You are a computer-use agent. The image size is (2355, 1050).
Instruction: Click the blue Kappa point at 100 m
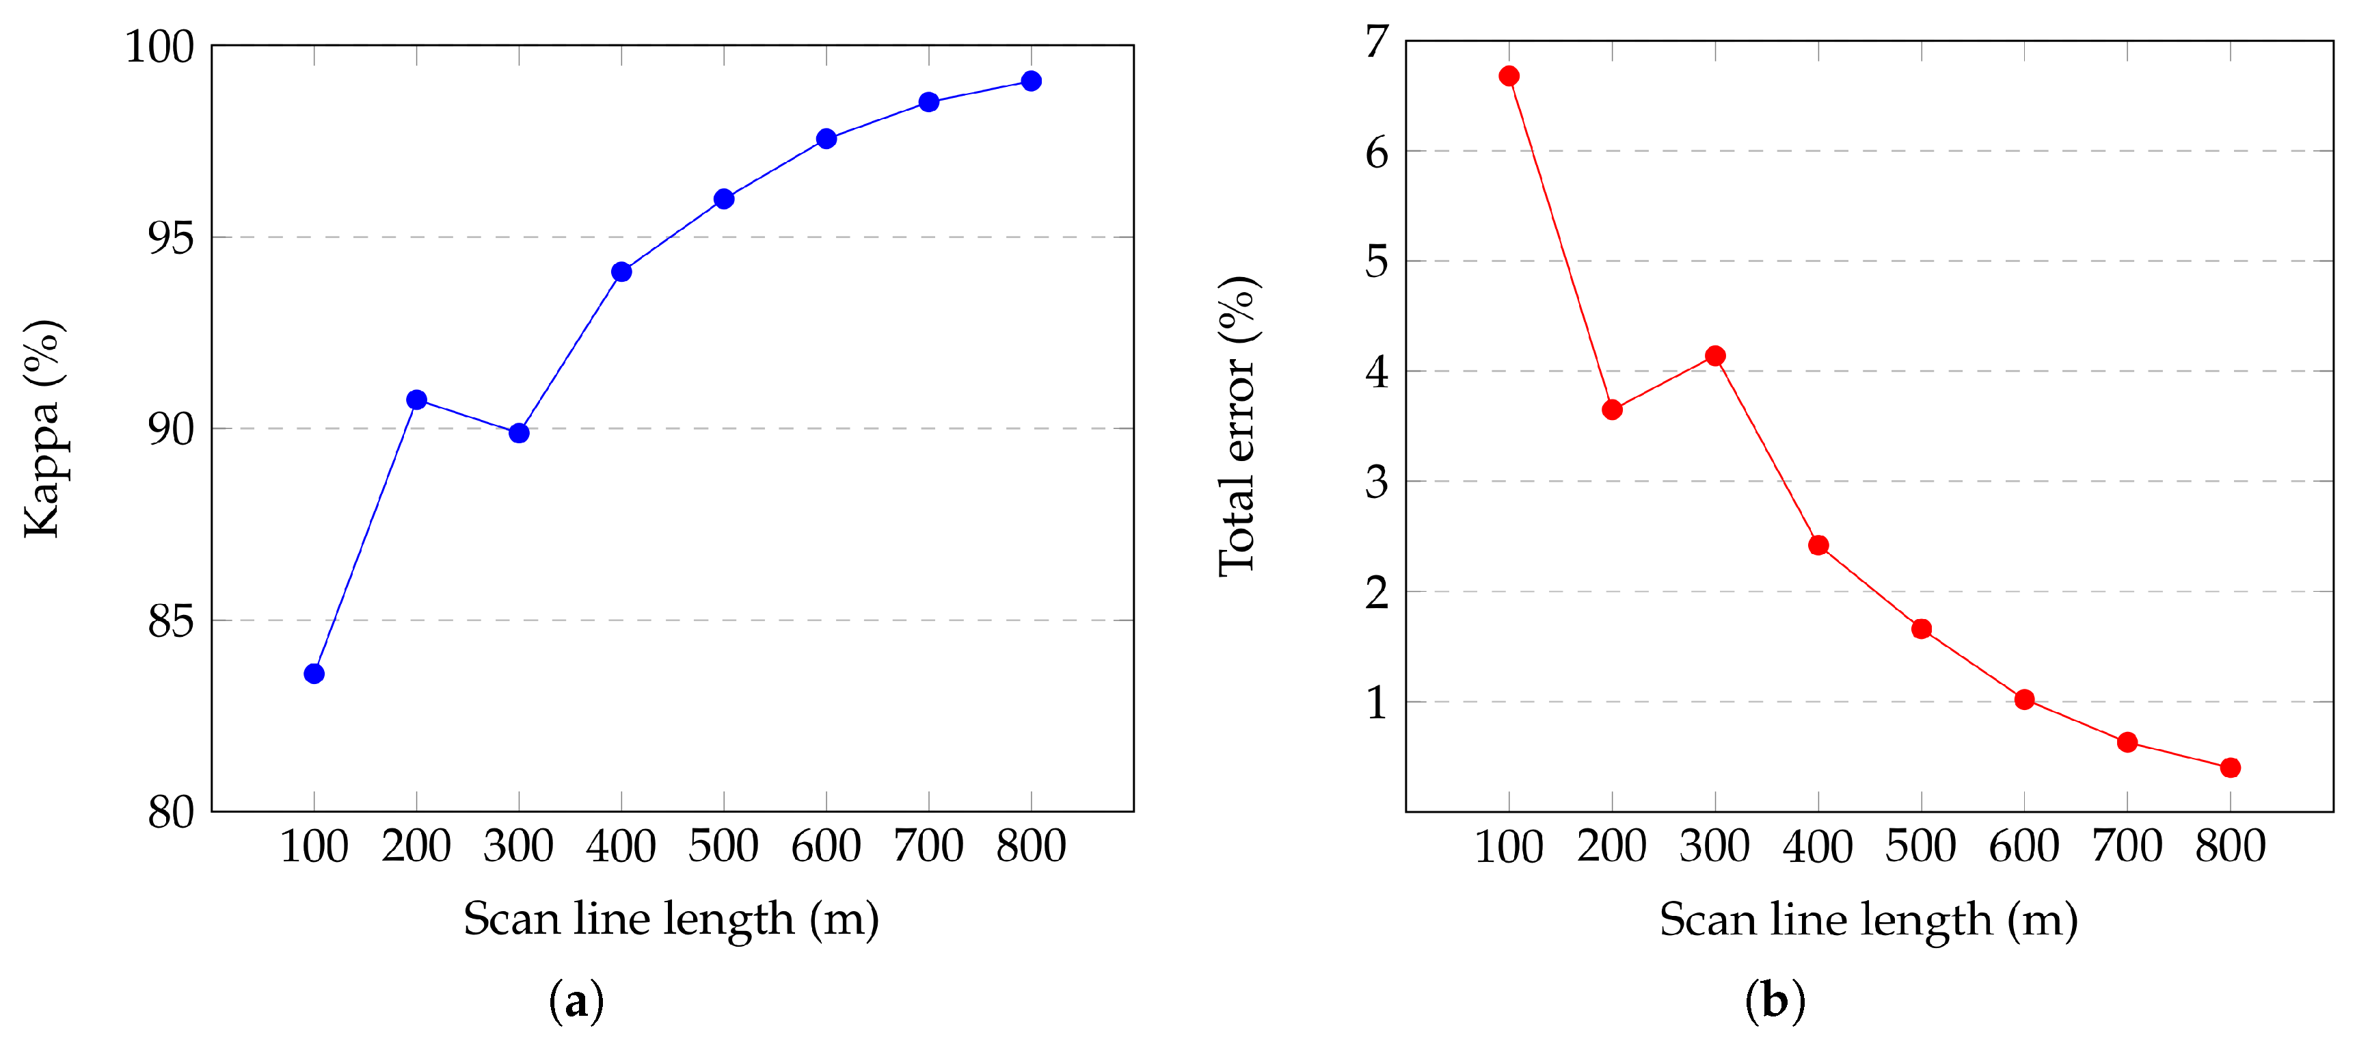(x=314, y=673)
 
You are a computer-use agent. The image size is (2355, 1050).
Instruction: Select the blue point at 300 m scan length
(x=518, y=432)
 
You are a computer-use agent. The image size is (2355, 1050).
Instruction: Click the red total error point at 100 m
(x=1509, y=76)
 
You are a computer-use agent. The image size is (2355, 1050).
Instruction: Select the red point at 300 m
(x=1714, y=356)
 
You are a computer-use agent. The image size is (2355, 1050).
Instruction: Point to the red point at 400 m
(x=1818, y=545)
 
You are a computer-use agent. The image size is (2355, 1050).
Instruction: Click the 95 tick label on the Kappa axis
(x=171, y=239)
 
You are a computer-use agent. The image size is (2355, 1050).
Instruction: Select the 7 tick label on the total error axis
(x=1376, y=42)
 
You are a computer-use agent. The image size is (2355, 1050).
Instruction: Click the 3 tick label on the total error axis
(x=1376, y=482)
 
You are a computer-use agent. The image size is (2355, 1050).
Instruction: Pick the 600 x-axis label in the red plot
(x=2023, y=846)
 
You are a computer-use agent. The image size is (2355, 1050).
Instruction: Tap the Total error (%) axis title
(x=1238, y=426)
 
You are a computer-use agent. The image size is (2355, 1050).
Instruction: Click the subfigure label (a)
(x=576, y=1002)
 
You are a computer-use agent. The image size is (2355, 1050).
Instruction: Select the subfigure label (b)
(x=1775, y=1001)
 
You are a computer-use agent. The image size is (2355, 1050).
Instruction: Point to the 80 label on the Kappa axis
(x=171, y=812)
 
